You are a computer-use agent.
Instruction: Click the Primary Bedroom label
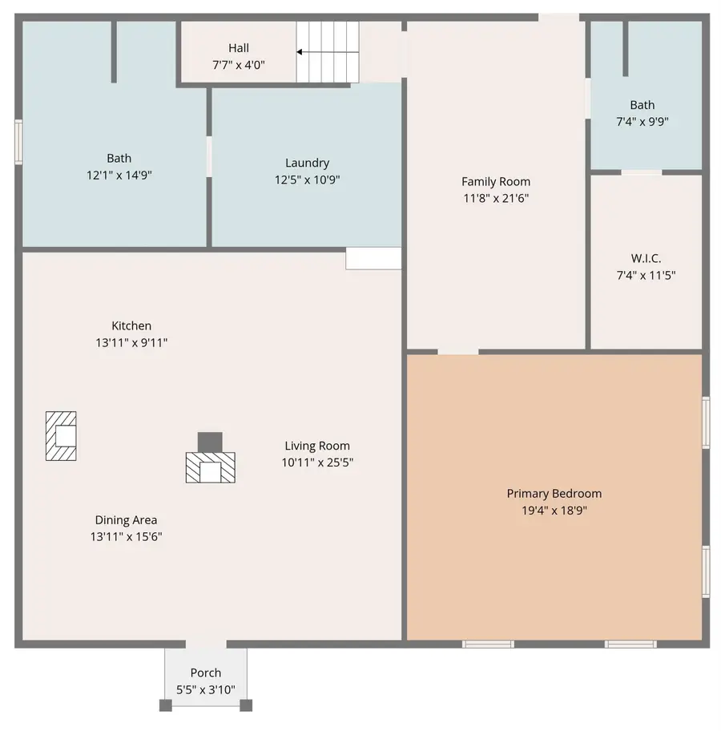click(554, 494)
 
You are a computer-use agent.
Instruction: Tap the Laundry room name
click(307, 163)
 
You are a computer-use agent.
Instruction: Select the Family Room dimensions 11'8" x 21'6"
click(495, 198)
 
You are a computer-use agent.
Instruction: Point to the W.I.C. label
click(646, 259)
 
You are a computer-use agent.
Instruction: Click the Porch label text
click(206, 672)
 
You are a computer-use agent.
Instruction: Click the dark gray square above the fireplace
click(210, 442)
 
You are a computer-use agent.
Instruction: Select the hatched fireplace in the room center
click(211, 467)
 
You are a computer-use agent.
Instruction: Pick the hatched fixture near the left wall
click(61, 436)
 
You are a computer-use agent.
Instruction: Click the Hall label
click(238, 48)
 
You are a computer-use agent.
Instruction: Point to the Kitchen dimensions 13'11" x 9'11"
click(131, 342)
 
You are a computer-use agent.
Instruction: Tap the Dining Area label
click(126, 520)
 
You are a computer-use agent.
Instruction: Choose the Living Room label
click(317, 446)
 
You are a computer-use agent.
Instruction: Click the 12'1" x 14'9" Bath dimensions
click(119, 175)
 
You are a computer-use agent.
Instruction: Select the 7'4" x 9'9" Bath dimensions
click(642, 122)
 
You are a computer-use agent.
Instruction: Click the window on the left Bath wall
click(18, 142)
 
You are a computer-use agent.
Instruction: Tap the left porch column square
click(165, 705)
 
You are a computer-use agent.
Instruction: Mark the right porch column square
click(246, 705)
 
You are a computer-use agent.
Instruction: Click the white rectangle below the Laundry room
click(373, 258)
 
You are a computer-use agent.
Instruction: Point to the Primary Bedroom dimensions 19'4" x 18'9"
click(554, 510)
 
